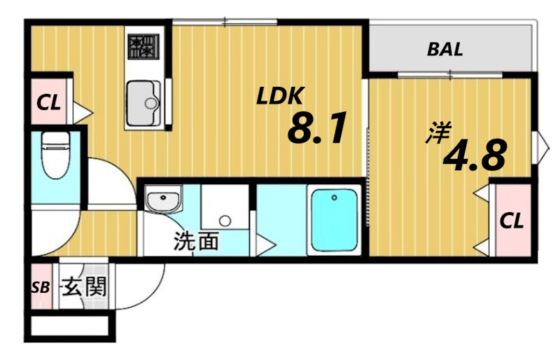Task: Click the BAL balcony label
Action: (444, 50)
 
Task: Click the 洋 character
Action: (438, 133)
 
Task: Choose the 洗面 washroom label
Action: (196, 242)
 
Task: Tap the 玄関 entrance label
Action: (85, 286)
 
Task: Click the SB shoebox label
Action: (41, 287)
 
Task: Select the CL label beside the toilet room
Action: (48, 103)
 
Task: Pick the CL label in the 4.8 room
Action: (512, 221)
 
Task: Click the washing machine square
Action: (225, 209)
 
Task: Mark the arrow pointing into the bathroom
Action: (266, 245)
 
